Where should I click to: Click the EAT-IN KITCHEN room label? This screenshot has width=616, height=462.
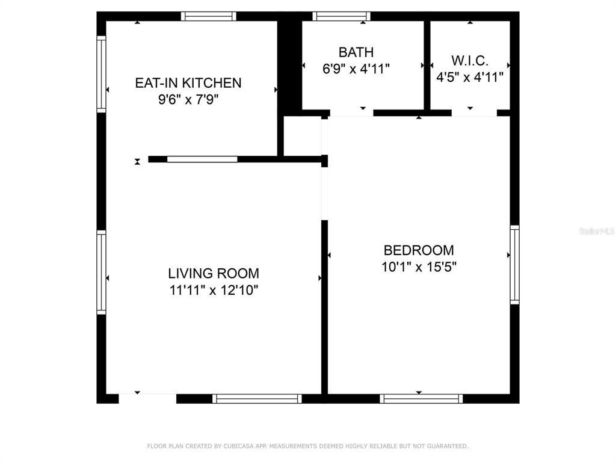(188, 83)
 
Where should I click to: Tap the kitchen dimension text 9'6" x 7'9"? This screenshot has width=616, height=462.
(188, 99)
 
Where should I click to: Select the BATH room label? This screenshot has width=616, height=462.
(356, 52)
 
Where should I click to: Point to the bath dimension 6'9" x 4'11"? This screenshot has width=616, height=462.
(356, 69)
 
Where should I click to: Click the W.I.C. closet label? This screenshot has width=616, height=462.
(470, 61)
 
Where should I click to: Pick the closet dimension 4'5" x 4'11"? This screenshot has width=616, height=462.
(470, 77)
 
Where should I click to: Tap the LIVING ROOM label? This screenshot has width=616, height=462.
(214, 274)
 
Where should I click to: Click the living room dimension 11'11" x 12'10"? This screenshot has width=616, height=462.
(214, 290)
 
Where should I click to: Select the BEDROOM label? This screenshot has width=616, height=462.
(419, 250)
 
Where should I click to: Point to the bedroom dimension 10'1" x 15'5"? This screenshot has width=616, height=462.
(419, 266)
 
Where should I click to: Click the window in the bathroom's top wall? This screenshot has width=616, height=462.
(342, 16)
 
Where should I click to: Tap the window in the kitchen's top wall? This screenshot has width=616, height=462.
(209, 16)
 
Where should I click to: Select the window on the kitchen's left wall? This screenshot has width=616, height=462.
(101, 74)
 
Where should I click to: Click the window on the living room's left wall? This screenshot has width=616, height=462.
(101, 273)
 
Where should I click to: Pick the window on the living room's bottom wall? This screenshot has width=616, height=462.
(257, 399)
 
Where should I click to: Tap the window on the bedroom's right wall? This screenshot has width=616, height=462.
(515, 265)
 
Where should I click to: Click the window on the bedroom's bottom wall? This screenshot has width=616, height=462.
(421, 399)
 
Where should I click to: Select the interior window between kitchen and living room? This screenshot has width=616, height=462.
(202, 159)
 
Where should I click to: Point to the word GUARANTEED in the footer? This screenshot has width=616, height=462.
(448, 446)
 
